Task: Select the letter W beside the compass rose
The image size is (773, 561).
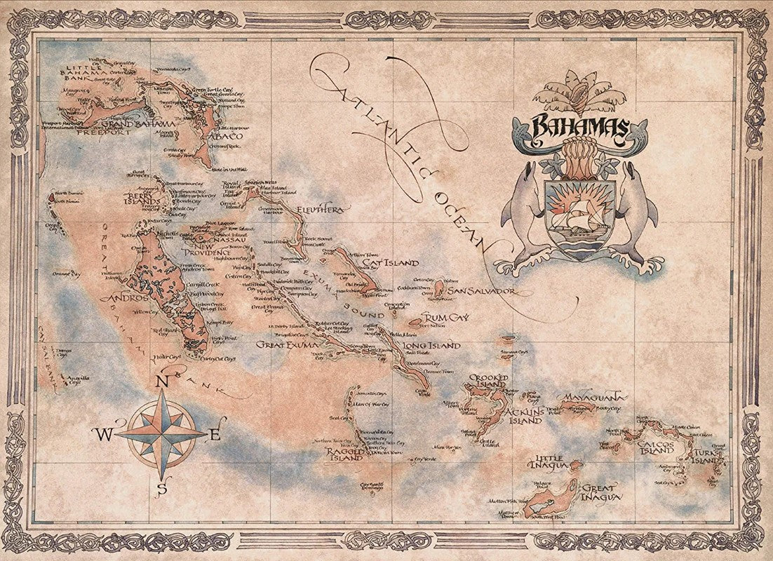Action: point(103,435)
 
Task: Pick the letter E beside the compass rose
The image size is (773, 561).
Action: point(215,435)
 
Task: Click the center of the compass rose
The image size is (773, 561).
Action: point(162,433)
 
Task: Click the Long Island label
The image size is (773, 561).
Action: point(431,345)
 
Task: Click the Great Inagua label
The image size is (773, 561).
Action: point(600,492)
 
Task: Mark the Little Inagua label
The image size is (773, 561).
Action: point(550,463)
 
